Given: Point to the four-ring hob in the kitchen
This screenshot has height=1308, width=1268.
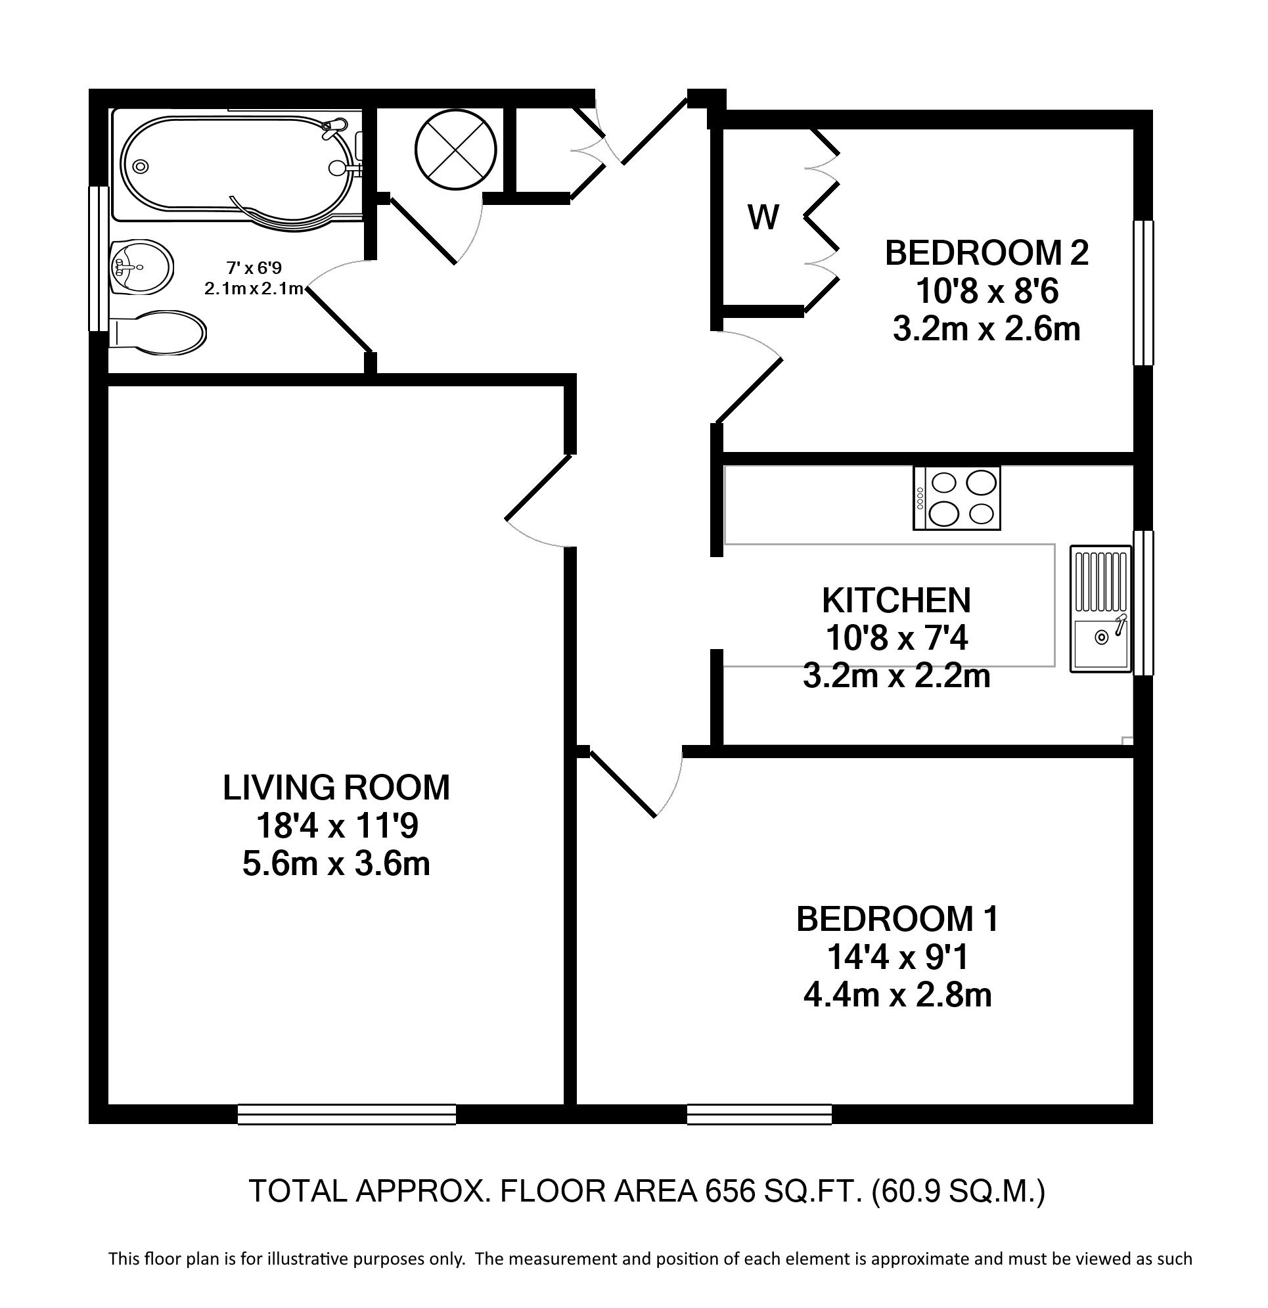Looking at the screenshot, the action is click(x=957, y=499).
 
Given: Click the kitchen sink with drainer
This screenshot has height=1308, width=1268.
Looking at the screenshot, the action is click(x=1100, y=608).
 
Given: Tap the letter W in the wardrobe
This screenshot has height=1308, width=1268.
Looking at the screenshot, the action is click(x=763, y=217).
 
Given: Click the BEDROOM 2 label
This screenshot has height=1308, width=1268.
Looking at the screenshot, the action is click(x=986, y=254).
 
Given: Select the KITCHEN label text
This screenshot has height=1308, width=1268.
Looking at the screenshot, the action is click(x=896, y=600).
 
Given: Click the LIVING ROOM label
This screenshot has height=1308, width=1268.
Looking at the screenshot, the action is click(x=336, y=788).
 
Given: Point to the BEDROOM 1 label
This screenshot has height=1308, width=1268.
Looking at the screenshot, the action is click(x=897, y=919).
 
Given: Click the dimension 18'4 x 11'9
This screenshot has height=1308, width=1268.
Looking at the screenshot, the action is click(x=337, y=826).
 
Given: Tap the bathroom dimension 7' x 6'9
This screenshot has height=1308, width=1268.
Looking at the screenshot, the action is click(x=254, y=268).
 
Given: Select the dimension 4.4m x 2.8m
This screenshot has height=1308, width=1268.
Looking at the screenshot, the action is click(x=897, y=995).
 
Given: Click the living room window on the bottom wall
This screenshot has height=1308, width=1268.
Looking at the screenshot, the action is click(x=347, y=1114).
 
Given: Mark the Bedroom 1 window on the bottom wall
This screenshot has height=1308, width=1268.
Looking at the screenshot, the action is click(x=759, y=1114).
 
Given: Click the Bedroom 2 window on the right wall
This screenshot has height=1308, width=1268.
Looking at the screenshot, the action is click(x=1143, y=293).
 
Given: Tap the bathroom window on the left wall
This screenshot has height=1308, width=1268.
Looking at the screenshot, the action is click(x=99, y=258).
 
